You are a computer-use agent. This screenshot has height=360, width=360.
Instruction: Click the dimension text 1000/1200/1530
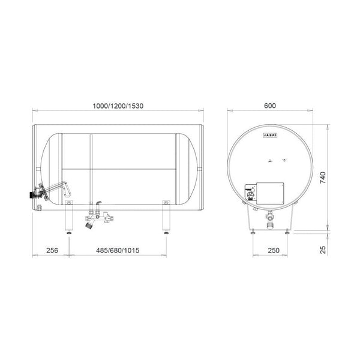click(x=118, y=106)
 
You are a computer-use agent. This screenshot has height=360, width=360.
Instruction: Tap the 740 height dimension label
click(x=322, y=179)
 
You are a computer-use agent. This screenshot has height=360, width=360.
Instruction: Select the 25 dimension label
click(x=322, y=249)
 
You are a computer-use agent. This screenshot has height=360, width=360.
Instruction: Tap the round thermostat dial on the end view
click(x=250, y=193)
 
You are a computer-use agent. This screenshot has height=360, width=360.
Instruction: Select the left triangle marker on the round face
click(x=269, y=160)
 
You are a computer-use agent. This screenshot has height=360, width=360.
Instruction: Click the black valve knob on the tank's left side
click(x=30, y=195)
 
